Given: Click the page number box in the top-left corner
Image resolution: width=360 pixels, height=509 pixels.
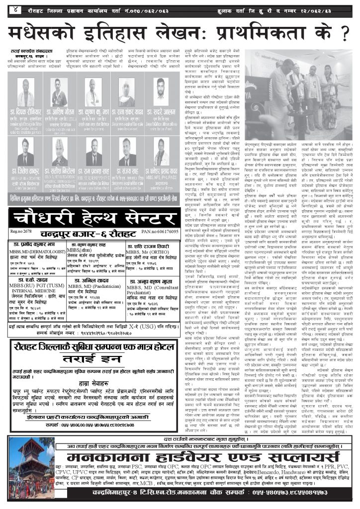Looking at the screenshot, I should tap(15, 9).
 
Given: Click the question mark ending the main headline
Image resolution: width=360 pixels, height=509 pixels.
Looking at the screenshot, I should tap(341, 33).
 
